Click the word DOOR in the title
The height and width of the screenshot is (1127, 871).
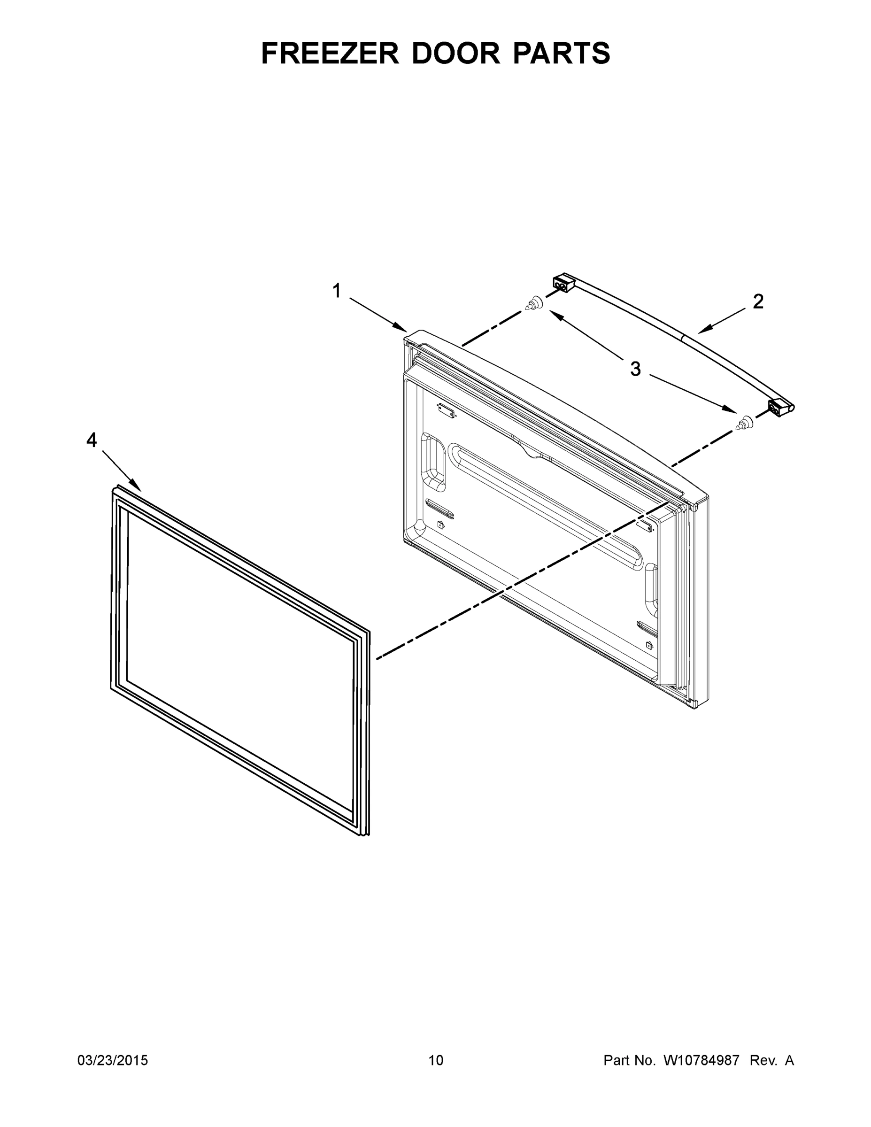tap(455, 54)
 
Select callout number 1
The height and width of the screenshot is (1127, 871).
tap(337, 291)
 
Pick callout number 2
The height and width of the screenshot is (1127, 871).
tap(757, 301)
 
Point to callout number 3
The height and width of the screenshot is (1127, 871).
tap(635, 369)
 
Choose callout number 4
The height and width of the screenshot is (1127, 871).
tap(92, 440)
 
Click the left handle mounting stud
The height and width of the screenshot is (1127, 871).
tap(534, 303)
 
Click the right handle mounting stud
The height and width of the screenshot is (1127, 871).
tap(745, 423)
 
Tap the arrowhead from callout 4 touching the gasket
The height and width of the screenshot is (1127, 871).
tap(137, 487)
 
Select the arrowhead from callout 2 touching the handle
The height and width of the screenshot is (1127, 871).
tap(703, 330)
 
